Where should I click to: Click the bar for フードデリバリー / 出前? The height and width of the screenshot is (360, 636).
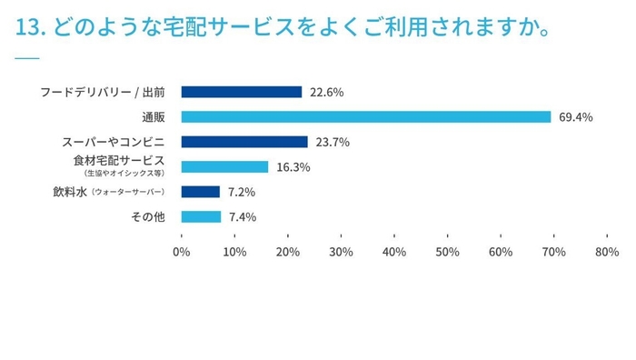[241, 92]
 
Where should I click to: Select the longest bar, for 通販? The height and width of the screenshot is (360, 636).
[365, 116]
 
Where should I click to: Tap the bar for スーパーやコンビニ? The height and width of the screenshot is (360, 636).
[244, 142]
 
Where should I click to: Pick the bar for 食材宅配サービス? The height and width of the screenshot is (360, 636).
[224, 166]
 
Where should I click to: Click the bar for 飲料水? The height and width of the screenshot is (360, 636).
[200, 192]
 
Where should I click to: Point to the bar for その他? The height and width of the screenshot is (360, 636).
[201, 216]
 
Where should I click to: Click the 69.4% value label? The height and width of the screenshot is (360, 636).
[576, 117]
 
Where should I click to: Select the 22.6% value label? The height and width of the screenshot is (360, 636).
[326, 92]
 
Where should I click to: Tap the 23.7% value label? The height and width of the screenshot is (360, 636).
[332, 142]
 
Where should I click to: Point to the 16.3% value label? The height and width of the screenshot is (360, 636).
[293, 167]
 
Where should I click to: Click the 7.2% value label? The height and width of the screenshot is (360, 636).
[242, 192]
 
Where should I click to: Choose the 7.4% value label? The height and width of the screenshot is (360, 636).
[243, 217]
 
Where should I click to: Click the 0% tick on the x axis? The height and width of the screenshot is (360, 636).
[182, 252]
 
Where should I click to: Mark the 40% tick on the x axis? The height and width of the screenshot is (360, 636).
[394, 252]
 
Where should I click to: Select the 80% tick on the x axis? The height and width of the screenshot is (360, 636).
[607, 252]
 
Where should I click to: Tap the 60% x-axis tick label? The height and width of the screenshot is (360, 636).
[501, 252]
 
